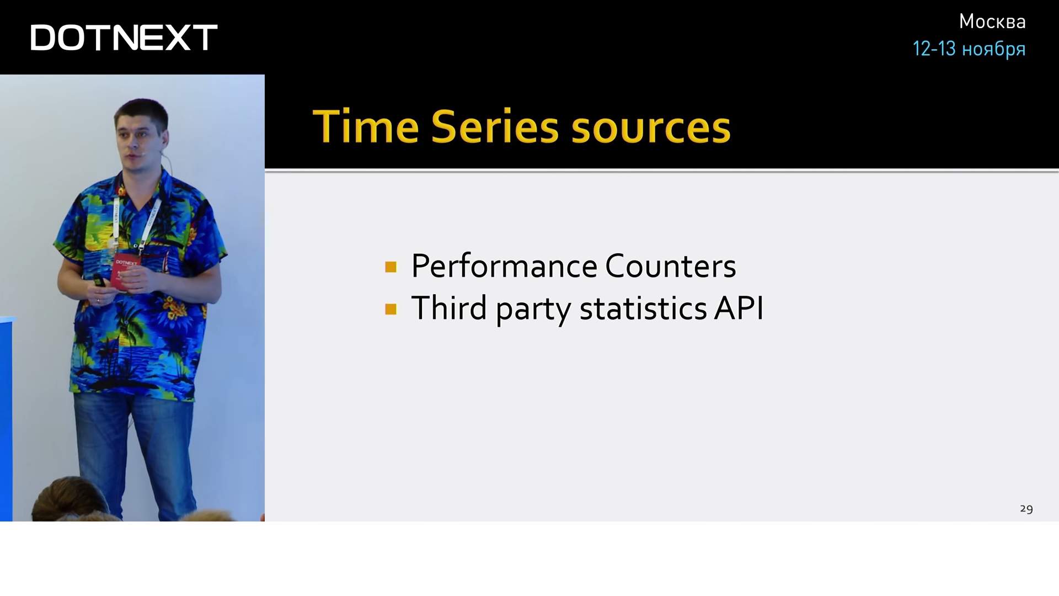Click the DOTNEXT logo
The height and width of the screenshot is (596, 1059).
click(124, 38)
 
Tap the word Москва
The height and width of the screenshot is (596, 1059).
click(992, 22)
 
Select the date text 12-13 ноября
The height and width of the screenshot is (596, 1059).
click(969, 49)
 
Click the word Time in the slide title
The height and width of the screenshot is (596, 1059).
click(366, 126)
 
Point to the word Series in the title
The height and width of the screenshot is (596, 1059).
click(495, 126)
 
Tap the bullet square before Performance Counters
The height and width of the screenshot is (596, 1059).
click(391, 267)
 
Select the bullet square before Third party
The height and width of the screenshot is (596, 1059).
click(391, 309)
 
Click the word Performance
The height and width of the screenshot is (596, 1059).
click(504, 266)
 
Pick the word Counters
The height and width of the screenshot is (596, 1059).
click(670, 266)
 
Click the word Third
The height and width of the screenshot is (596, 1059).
click(449, 307)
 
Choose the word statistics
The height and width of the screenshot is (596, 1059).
click(643, 307)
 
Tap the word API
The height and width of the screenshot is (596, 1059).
click(739, 307)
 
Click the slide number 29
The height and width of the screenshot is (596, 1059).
click(1026, 509)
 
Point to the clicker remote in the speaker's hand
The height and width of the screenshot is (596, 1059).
click(99, 280)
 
